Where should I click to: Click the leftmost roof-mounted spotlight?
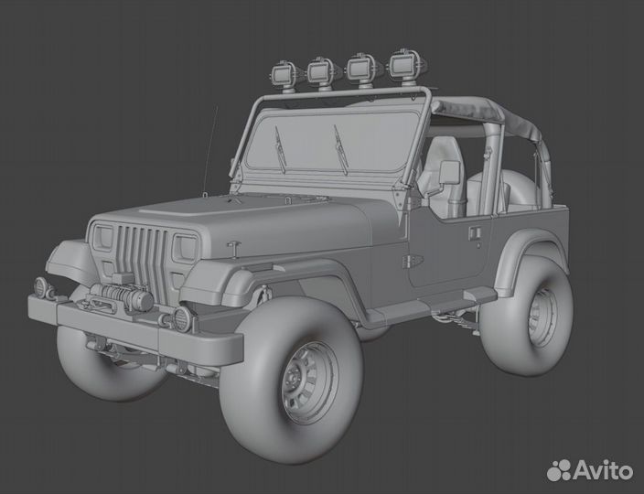point(285,74)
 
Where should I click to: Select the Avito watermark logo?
point(590,470)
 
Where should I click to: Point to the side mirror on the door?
point(449,172)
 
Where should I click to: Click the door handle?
point(475,232)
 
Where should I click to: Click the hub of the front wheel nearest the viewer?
point(309,382)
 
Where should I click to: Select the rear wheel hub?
point(542,317)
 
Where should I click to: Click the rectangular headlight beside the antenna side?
point(185,248)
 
